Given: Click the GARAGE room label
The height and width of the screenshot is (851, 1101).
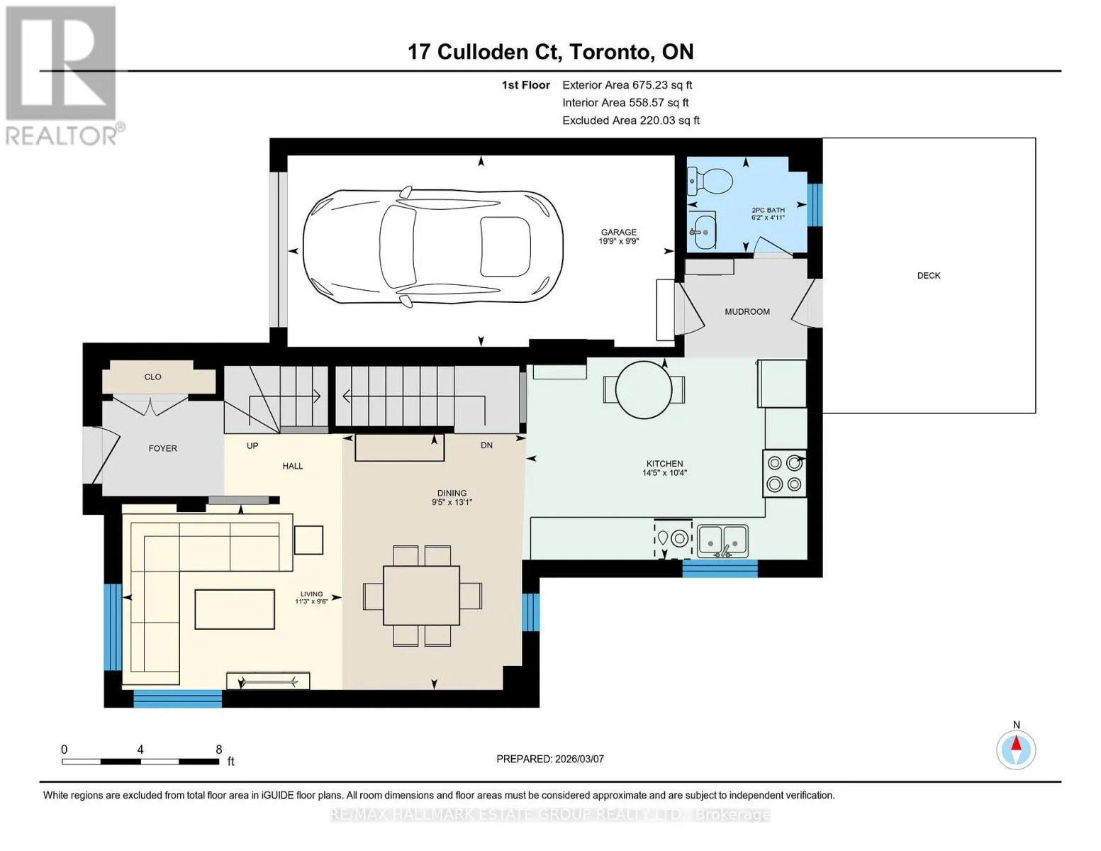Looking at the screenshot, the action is click(x=618, y=232).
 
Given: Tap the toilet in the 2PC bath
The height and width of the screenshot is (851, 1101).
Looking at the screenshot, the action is click(x=710, y=180).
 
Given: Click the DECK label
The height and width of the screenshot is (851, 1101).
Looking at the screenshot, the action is click(x=928, y=275).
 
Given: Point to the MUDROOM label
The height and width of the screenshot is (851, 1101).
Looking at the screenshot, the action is click(x=747, y=312).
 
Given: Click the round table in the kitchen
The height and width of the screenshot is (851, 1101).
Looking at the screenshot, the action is click(x=644, y=390).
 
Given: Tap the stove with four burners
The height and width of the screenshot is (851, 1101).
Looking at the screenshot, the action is click(x=784, y=474).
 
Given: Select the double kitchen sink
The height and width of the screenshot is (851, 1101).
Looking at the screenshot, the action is click(x=722, y=541).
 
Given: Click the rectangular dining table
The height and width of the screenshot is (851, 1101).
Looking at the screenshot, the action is click(x=421, y=596).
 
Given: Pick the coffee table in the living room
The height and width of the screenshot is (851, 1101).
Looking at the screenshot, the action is click(x=235, y=609).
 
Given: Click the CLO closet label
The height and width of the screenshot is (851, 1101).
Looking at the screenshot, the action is click(x=152, y=377).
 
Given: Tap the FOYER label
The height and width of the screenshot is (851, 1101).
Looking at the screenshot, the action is click(x=162, y=449).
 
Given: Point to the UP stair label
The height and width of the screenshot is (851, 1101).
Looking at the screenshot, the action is click(x=252, y=446).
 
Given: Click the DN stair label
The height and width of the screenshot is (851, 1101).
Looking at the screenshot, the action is click(x=486, y=445).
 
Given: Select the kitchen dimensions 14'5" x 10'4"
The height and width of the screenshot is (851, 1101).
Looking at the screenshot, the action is click(x=664, y=473).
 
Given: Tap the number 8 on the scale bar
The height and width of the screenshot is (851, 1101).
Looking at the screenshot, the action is click(x=219, y=750).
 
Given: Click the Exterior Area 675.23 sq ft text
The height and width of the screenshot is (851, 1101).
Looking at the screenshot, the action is click(x=627, y=85).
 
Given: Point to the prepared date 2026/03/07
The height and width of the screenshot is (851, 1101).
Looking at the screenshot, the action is click(x=579, y=759).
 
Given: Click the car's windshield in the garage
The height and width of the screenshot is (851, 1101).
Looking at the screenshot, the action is click(x=398, y=246).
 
